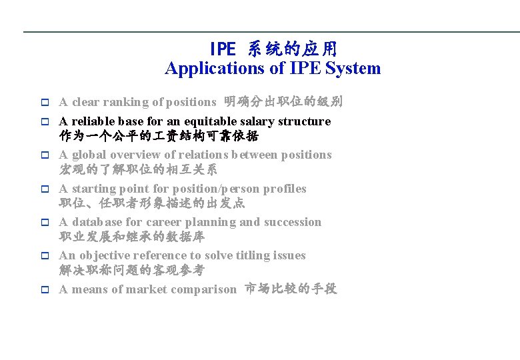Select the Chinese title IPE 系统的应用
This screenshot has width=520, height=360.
(x=273, y=49)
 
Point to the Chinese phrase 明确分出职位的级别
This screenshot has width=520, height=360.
(x=283, y=102)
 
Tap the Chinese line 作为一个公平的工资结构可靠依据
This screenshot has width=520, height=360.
(x=159, y=136)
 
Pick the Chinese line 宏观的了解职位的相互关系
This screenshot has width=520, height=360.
(x=138, y=169)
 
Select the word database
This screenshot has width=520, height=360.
(x=98, y=222)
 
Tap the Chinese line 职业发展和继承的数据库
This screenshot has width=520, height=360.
(x=132, y=237)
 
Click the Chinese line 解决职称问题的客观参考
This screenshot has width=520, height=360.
(x=132, y=270)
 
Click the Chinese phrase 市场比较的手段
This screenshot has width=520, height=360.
(x=291, y=289)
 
